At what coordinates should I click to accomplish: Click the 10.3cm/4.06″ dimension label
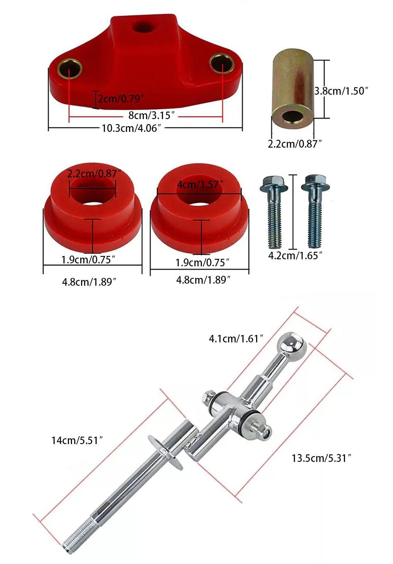click(x=131, y=128)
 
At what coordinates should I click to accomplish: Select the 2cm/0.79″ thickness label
click(x=121, y=99)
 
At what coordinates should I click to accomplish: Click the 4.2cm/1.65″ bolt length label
click(x=295, y=256)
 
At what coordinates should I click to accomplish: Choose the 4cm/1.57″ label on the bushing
click(x=201, y=184)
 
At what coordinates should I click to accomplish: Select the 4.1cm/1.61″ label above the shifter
click(x=236, y=339)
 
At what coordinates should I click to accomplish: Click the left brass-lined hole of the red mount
click(x=69, y=69)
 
